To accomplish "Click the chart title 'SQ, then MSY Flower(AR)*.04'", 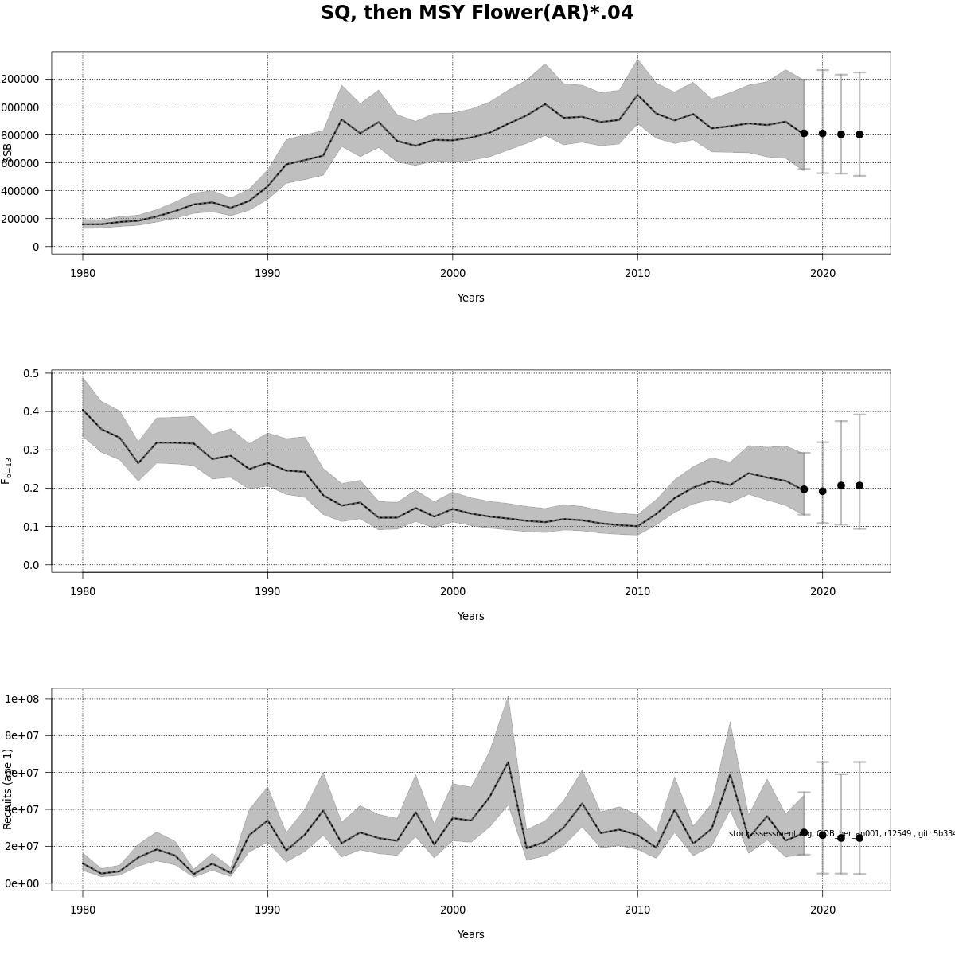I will [477, 14].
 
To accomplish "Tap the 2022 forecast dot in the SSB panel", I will [859, 134].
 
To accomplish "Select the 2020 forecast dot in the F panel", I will [822, 491].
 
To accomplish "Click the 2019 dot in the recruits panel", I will [804, 832].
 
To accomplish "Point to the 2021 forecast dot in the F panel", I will [841, 485].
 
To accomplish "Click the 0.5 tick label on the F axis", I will [32, 373].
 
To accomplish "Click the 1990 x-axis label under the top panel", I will [267, 273].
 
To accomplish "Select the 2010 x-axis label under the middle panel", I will [637, 591].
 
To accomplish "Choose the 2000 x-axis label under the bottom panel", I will [452, 910].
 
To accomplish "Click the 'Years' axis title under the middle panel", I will [470, 616].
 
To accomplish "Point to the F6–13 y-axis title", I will [7, 470].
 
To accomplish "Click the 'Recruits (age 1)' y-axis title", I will [8, 789].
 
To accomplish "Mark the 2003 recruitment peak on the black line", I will [508, 762].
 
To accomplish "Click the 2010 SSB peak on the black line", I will [637, 95].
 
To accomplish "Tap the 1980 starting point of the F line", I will [83, 410].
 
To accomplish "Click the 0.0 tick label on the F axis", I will [32, 565].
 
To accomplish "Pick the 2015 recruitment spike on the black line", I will [730, 774].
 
